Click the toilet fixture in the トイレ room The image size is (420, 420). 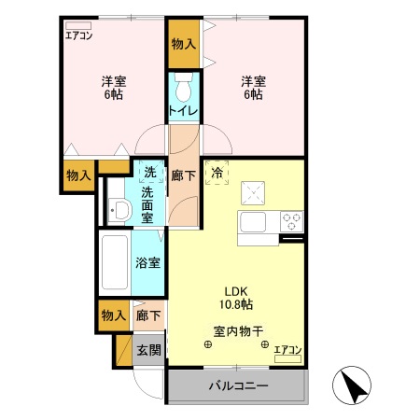[x=184, y=90]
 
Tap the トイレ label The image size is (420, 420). [x=183, y=112]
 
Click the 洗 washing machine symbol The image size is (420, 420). [x=148, y=172]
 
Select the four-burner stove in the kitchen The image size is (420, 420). [x=292, y=221]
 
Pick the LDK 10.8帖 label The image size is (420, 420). [x=236, y=297]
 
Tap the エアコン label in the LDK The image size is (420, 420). [x=288, y=350]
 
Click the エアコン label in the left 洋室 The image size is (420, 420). [x=77, y=36]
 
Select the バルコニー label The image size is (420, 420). [x=237, y=385]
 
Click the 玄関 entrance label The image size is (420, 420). [x=148, y=350]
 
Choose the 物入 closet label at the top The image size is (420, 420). [x=184, y=44]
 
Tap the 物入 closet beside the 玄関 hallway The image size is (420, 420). [x=113, y=315]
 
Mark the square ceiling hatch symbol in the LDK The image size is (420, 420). [x=252, y=192]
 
